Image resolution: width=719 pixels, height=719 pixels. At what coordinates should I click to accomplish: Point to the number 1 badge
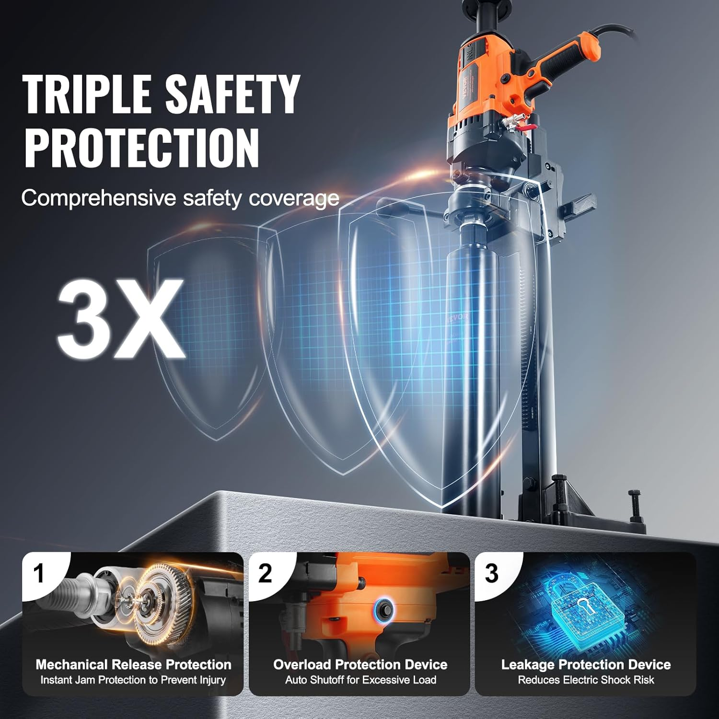39,574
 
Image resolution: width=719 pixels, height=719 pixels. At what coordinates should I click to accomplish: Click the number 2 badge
265,574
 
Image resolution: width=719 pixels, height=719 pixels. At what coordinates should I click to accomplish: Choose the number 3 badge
491,574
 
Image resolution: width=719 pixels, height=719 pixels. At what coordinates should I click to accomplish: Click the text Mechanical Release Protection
133,664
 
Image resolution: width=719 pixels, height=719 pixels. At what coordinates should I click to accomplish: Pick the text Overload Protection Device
360,664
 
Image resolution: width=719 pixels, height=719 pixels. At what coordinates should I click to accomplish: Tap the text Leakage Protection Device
586,664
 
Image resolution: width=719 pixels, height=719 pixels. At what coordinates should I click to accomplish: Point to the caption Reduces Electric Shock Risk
586,680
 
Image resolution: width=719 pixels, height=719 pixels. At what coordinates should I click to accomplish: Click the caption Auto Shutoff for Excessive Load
360,680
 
